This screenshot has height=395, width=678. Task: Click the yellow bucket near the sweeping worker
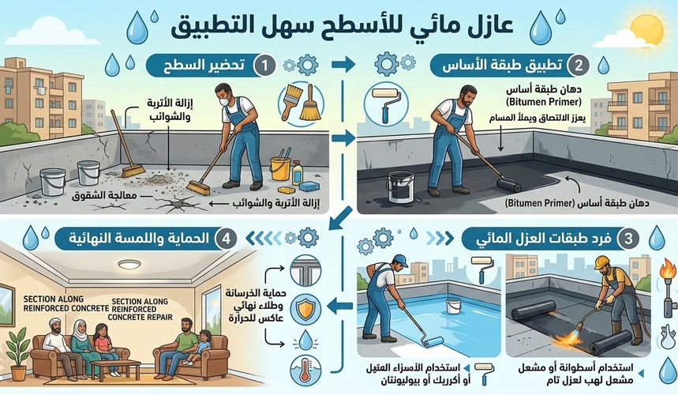click(x=280, y=168)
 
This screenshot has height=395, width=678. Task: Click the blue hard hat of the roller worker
click(x=400, y=260)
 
